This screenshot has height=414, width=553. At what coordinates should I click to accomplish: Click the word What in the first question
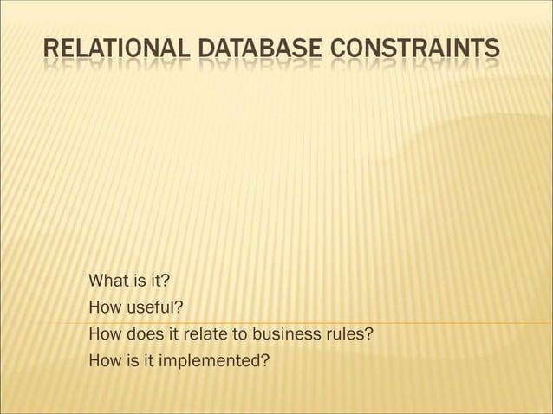[107, 281]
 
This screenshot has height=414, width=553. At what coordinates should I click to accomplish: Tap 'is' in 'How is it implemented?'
[132, 357]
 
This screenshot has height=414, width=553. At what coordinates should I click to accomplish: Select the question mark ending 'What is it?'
[165, 281]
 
